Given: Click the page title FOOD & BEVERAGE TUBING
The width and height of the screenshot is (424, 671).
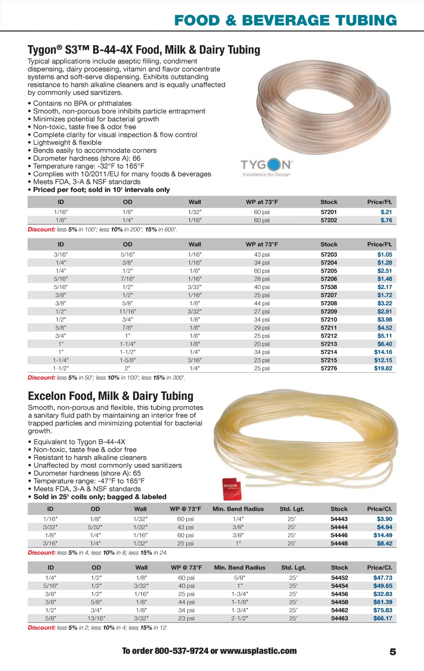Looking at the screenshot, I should [285, 20].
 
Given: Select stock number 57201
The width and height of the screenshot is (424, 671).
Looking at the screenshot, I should [329, 212].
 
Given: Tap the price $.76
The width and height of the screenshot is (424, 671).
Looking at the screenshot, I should [386, 220].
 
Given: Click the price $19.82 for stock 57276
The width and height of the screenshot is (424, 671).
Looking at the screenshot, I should [383, 368].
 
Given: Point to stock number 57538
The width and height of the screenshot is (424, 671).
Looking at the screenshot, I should [329, 287].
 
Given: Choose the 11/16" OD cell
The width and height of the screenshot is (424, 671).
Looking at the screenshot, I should [128, 311].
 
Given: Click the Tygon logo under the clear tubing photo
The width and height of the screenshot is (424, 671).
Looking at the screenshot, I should [267, 167].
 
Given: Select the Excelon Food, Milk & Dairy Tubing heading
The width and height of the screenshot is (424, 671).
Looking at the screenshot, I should [111, 396].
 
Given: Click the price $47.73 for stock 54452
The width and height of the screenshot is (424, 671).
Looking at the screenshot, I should [383, 577].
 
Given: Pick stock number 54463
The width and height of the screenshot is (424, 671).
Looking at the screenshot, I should [340, 618].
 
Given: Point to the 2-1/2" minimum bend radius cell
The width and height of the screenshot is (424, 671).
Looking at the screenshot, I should [239, 618].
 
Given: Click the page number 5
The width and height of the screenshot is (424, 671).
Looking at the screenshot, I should [393, 652].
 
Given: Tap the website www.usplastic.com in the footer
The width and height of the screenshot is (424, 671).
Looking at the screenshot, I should [258, 651].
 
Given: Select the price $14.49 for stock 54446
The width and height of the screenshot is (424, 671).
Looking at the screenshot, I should [383, 535].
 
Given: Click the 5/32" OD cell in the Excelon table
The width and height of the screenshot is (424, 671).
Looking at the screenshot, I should [95, 527].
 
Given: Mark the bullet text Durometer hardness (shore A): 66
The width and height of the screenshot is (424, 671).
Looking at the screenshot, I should [87, 158].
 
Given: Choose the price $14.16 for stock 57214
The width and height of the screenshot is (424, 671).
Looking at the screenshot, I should [383, 352].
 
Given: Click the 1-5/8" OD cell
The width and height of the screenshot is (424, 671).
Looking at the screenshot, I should [128, 360].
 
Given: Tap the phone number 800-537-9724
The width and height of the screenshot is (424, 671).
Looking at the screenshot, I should [181, 651].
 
